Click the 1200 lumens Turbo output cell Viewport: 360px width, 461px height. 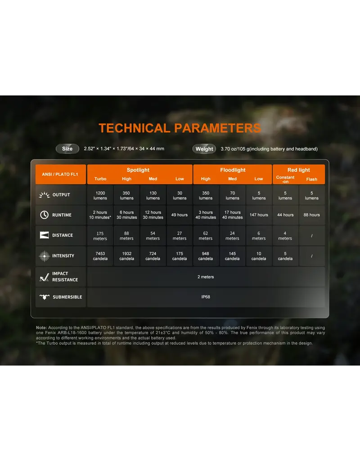[x=100, y=195]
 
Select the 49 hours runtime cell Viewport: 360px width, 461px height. [x=180, y=215]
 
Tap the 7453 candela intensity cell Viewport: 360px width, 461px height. [x=100, y=256]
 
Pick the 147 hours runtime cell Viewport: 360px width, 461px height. [x=259, y=215]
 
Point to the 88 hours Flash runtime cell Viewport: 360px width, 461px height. [x=312, y=215]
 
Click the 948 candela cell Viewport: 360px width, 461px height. [x=206, y=256]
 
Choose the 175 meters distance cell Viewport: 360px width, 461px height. [x=100, y=236]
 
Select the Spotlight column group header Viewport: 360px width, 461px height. [x=138, y=170]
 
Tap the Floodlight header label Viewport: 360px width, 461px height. [x=233, y=170]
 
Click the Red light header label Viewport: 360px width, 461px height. [x=299, y=170]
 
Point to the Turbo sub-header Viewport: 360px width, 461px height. [x=100, y=179]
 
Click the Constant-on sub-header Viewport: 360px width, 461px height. [x=285, y=179]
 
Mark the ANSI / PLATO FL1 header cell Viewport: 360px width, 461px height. [x=60, y=174]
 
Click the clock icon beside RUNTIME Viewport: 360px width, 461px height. [x=45, y=215]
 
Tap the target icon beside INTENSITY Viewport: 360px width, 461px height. [x=45, y=256]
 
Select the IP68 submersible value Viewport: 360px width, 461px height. [x=206, y=297]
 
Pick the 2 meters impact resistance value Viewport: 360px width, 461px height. [x=206, y=277]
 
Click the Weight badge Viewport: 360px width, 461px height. [x=204, y=149]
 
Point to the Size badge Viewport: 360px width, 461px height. [x=67, y=149]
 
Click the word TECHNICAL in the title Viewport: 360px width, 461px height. [x=134, y=128]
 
